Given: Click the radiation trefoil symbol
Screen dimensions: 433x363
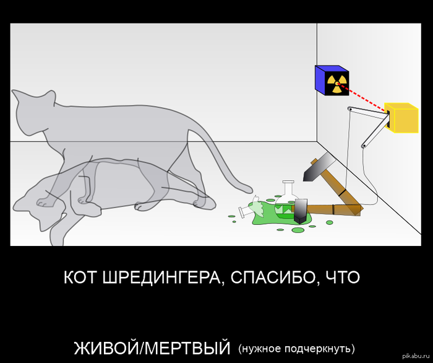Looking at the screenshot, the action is (337, 83).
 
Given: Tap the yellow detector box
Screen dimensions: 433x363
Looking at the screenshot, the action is (402, 118).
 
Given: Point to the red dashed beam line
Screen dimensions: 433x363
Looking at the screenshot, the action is (362, 98).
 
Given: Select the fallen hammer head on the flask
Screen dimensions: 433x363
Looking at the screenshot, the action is (301, 211).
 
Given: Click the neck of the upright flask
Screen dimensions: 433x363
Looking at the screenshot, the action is (288, 187).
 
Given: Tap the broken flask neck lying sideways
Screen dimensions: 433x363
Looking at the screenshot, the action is (245, 211).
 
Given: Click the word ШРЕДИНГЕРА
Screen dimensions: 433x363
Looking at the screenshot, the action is (161, 278).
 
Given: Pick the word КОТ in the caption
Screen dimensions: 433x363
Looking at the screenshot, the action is (81, 278).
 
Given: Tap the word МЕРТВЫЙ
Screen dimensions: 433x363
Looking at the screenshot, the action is (187, 348).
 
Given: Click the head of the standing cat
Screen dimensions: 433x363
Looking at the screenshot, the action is (33, 112).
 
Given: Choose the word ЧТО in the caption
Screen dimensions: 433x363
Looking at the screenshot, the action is (343, 278).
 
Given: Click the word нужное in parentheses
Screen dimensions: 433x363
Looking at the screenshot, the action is (260, 349).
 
